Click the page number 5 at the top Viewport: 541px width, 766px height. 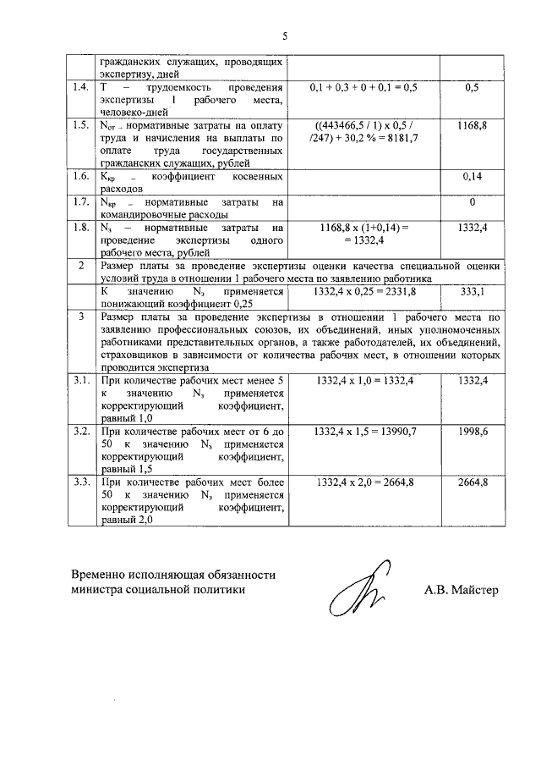pyautogui.click(x=285, y=36)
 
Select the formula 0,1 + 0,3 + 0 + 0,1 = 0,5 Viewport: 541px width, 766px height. pyautogui.click(x=364, y=87)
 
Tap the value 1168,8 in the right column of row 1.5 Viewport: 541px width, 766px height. pyautogui.click(x=472, y=124)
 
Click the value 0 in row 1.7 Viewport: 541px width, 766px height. pyautogui.click(x=472, y=202)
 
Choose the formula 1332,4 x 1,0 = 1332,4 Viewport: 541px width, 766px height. pyautogui.click(x=364, y=382)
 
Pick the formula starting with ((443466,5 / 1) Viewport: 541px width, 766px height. pyautogui.click(x=364, y=124)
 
